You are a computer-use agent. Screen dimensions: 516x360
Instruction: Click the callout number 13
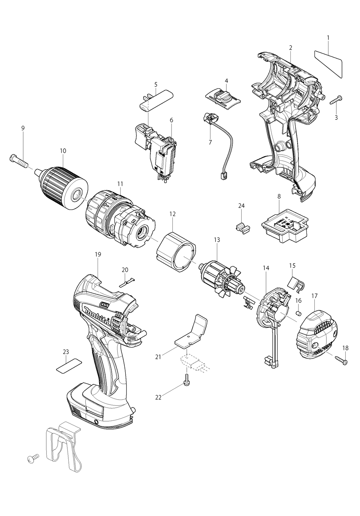point(217,240)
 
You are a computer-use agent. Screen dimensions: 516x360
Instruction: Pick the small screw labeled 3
point(334,100)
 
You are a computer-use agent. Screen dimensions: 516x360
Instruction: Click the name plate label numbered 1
point(329,62)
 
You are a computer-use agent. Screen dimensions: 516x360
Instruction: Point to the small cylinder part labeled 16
point(298,312)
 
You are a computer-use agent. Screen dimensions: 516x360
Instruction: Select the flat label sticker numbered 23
point(68,366)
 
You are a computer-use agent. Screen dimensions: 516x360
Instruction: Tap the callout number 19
point(98,254)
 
